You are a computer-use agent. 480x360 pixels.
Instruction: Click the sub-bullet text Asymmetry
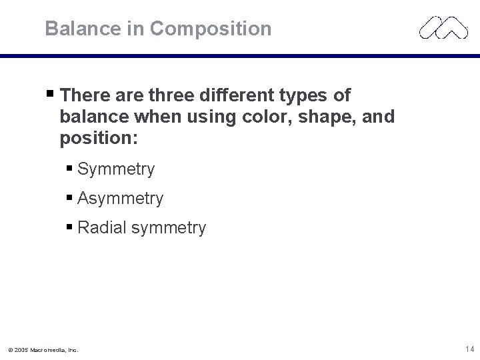pyautogui.click(x=120, y=199)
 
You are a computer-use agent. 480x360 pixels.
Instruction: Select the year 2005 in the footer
pyautogui.click(x=22, y=349)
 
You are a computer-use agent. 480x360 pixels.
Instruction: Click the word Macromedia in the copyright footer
pyautogui.click(x=49, y=349)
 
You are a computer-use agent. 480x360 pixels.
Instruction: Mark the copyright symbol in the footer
pyautogui.click(x=11, y=349)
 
